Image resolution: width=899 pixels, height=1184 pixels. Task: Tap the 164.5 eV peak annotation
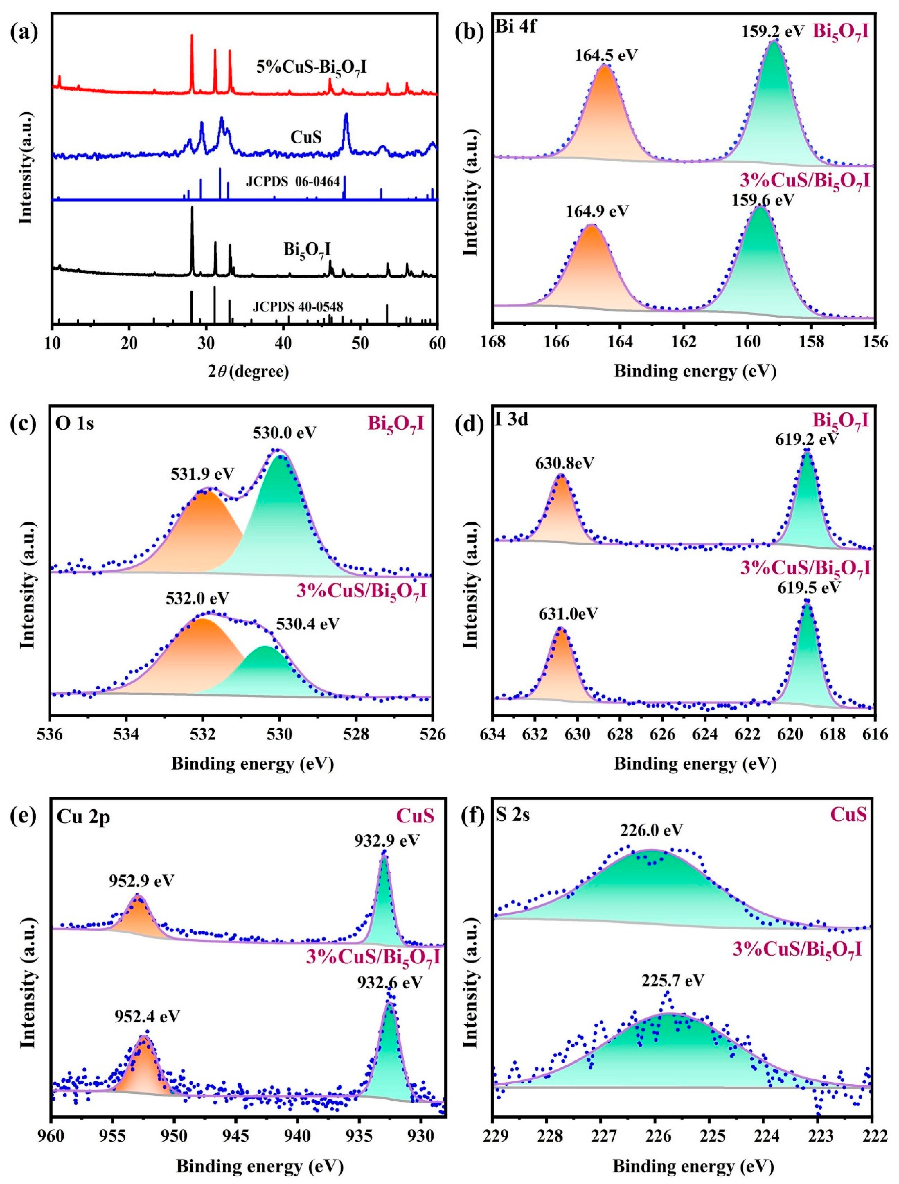606,55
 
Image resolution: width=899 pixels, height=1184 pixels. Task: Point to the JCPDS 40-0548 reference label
298,307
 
